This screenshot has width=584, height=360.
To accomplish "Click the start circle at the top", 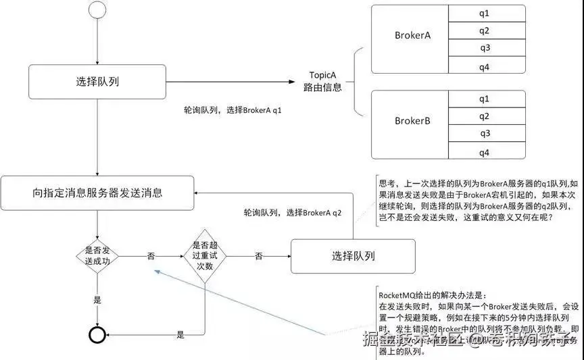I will [x=97, y=10].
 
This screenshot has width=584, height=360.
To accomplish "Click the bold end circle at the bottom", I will [x=97, y=335].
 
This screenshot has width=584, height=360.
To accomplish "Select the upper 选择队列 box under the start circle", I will [x=97, y=82].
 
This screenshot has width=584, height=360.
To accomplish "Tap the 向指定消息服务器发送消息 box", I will [x=97, y=192].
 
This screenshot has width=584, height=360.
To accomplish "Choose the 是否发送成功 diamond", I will [x=97, y=256].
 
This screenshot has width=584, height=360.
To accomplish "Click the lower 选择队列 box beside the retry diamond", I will [x=353, y=256].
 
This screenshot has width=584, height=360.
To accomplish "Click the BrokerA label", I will [x=412, y=35].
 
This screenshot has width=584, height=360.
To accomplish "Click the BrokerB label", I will [x=412, y=121].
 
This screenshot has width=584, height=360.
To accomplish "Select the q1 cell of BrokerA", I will [x=485, y=13].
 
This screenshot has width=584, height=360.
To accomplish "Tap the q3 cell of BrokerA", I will [x=485, y=48].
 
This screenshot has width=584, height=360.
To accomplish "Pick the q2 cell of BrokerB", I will [x=485, y=116].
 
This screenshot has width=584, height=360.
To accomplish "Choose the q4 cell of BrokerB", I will [x=485, y=153].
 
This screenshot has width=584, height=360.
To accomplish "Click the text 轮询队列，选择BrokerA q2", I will [x=293, y=212].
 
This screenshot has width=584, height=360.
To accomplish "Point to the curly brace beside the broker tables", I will [x=356, y=81].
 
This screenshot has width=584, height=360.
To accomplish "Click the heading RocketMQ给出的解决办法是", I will [x=428, y=296].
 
